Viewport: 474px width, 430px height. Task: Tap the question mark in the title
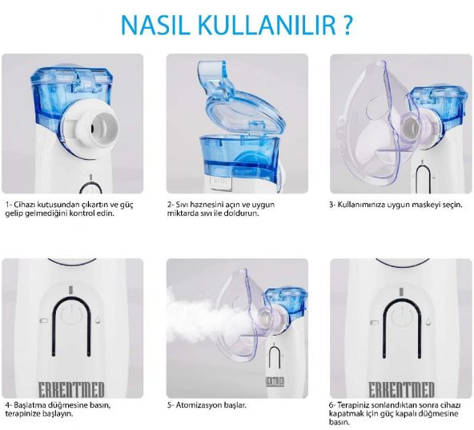347,25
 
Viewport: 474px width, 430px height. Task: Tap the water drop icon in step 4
98,320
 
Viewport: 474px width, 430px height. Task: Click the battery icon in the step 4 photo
44,321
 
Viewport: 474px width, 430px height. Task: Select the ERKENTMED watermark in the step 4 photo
71,389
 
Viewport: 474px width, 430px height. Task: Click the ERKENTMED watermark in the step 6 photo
401,389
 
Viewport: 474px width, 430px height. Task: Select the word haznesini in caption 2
198,205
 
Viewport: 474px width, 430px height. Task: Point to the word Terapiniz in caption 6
351,405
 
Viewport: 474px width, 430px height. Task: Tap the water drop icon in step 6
428,321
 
